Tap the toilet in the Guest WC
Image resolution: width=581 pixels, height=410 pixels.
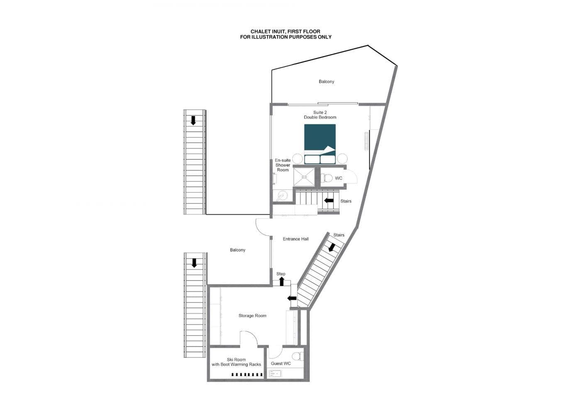(297, 356)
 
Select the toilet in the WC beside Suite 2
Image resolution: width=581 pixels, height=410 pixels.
(327, 178)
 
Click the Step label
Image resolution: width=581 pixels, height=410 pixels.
(281, 274)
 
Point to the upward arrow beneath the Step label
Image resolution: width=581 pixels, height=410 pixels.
(281, 281)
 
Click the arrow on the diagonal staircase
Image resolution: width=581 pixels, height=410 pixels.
(332, 247)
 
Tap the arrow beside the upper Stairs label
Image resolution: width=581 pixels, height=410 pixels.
(329, 201)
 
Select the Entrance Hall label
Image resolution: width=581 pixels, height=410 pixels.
(295, 239)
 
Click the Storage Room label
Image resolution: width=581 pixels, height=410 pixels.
(252, 315)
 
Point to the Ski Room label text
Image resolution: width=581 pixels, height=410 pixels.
(236, 362)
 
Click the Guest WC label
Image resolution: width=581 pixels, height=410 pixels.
(281, 364)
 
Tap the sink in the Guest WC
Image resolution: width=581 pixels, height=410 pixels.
(275, 374)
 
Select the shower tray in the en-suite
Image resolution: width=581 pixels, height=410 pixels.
(304, 177)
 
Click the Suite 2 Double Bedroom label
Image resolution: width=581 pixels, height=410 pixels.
(320, 115)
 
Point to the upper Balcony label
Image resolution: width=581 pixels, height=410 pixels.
(326, 82)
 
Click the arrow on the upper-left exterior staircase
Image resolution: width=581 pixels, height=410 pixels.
(193, 121)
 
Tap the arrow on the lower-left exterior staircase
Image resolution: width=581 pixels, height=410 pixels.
(194, 263)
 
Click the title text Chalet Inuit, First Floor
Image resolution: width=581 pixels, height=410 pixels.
(286, 32)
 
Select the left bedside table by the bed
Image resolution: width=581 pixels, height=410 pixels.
(298, 159)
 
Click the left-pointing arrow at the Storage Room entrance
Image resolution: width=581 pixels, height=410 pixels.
(292, 298)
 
